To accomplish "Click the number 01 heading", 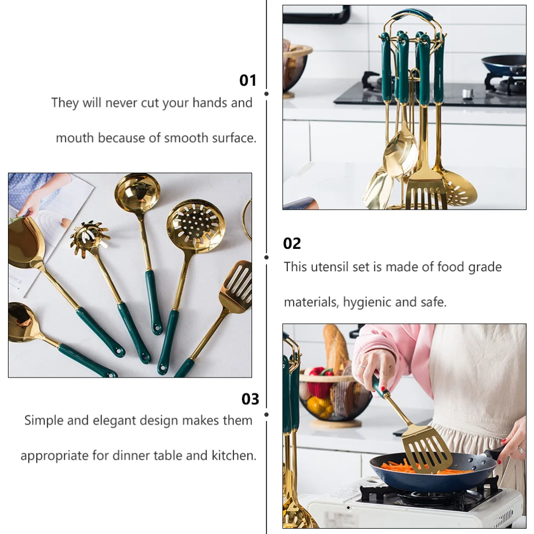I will point(248,81).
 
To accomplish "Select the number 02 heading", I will point(292,244).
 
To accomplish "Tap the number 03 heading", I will point(250,399).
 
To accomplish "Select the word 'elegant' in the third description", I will point(115,420).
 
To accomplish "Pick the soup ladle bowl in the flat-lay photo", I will point(138,193).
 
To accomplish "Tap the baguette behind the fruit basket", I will point(335,347).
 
